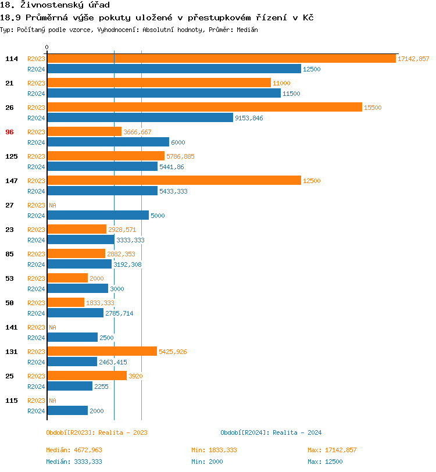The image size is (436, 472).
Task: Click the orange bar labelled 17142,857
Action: pyautogui.click(x=221, y=59)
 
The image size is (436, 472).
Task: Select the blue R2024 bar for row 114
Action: pyautogui.click(x=174, y=69)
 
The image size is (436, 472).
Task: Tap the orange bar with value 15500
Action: pyautogui.click(x=204, y=108)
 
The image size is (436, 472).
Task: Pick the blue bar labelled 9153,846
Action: pyautogui.click(x=140, y=118)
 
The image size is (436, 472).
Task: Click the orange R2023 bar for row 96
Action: pyautogui.click(x=84, y=132)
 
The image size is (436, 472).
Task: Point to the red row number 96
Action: pyautogui.click(x=9, y=132)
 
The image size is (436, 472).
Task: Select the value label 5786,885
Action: pyautogui.click(x=180, y=156)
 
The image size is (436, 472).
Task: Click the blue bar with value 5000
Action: pyautogui.click(x=98, y=216)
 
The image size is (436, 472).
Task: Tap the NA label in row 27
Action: pyautogui.click(x=52, y=205)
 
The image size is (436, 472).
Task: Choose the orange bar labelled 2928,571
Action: pyautogui.click(x=77, y=230)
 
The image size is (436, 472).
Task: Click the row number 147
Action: pyautogui.click(x=11, y=181)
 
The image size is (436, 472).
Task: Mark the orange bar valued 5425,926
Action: pyautogui.click(x=102, y=352)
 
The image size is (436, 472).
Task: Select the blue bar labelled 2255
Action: pyautogui.click(x=69, y=387)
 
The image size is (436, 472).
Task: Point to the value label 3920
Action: pyautogui.click(x=135, y=376)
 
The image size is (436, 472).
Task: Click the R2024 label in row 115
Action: pyautogui.click(x=36, y=411)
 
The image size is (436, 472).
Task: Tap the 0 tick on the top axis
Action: pyautogui.click(x=47, y=47)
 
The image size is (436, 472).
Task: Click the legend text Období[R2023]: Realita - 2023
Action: pyautogui.click(x=97, y=432)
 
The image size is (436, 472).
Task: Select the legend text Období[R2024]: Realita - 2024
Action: pyautogui.click(x=271, y=432)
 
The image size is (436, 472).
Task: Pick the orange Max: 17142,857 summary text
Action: pyautogui.click(x=332, y=450)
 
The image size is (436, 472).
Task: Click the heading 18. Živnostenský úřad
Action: pyautogui.click(x=55, y=5)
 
